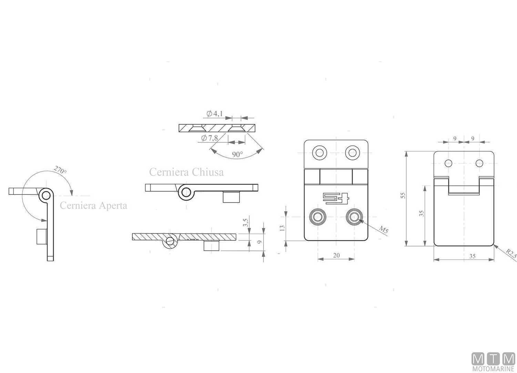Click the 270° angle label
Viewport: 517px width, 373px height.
point(60,170)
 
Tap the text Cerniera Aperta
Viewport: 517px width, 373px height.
point(93,205)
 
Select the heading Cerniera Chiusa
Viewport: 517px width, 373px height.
point(186,172)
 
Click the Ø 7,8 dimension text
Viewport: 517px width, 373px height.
point(210,138)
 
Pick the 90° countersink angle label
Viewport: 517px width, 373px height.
point(237,154)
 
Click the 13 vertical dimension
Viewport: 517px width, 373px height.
point(282,228)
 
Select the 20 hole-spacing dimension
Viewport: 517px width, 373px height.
point(336,255)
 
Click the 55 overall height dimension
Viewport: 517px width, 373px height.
point(403,195)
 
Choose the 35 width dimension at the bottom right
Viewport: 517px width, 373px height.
point(472,256)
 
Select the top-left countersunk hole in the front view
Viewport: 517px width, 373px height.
point(319,152)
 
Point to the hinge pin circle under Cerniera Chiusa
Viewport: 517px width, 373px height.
point(186,192)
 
